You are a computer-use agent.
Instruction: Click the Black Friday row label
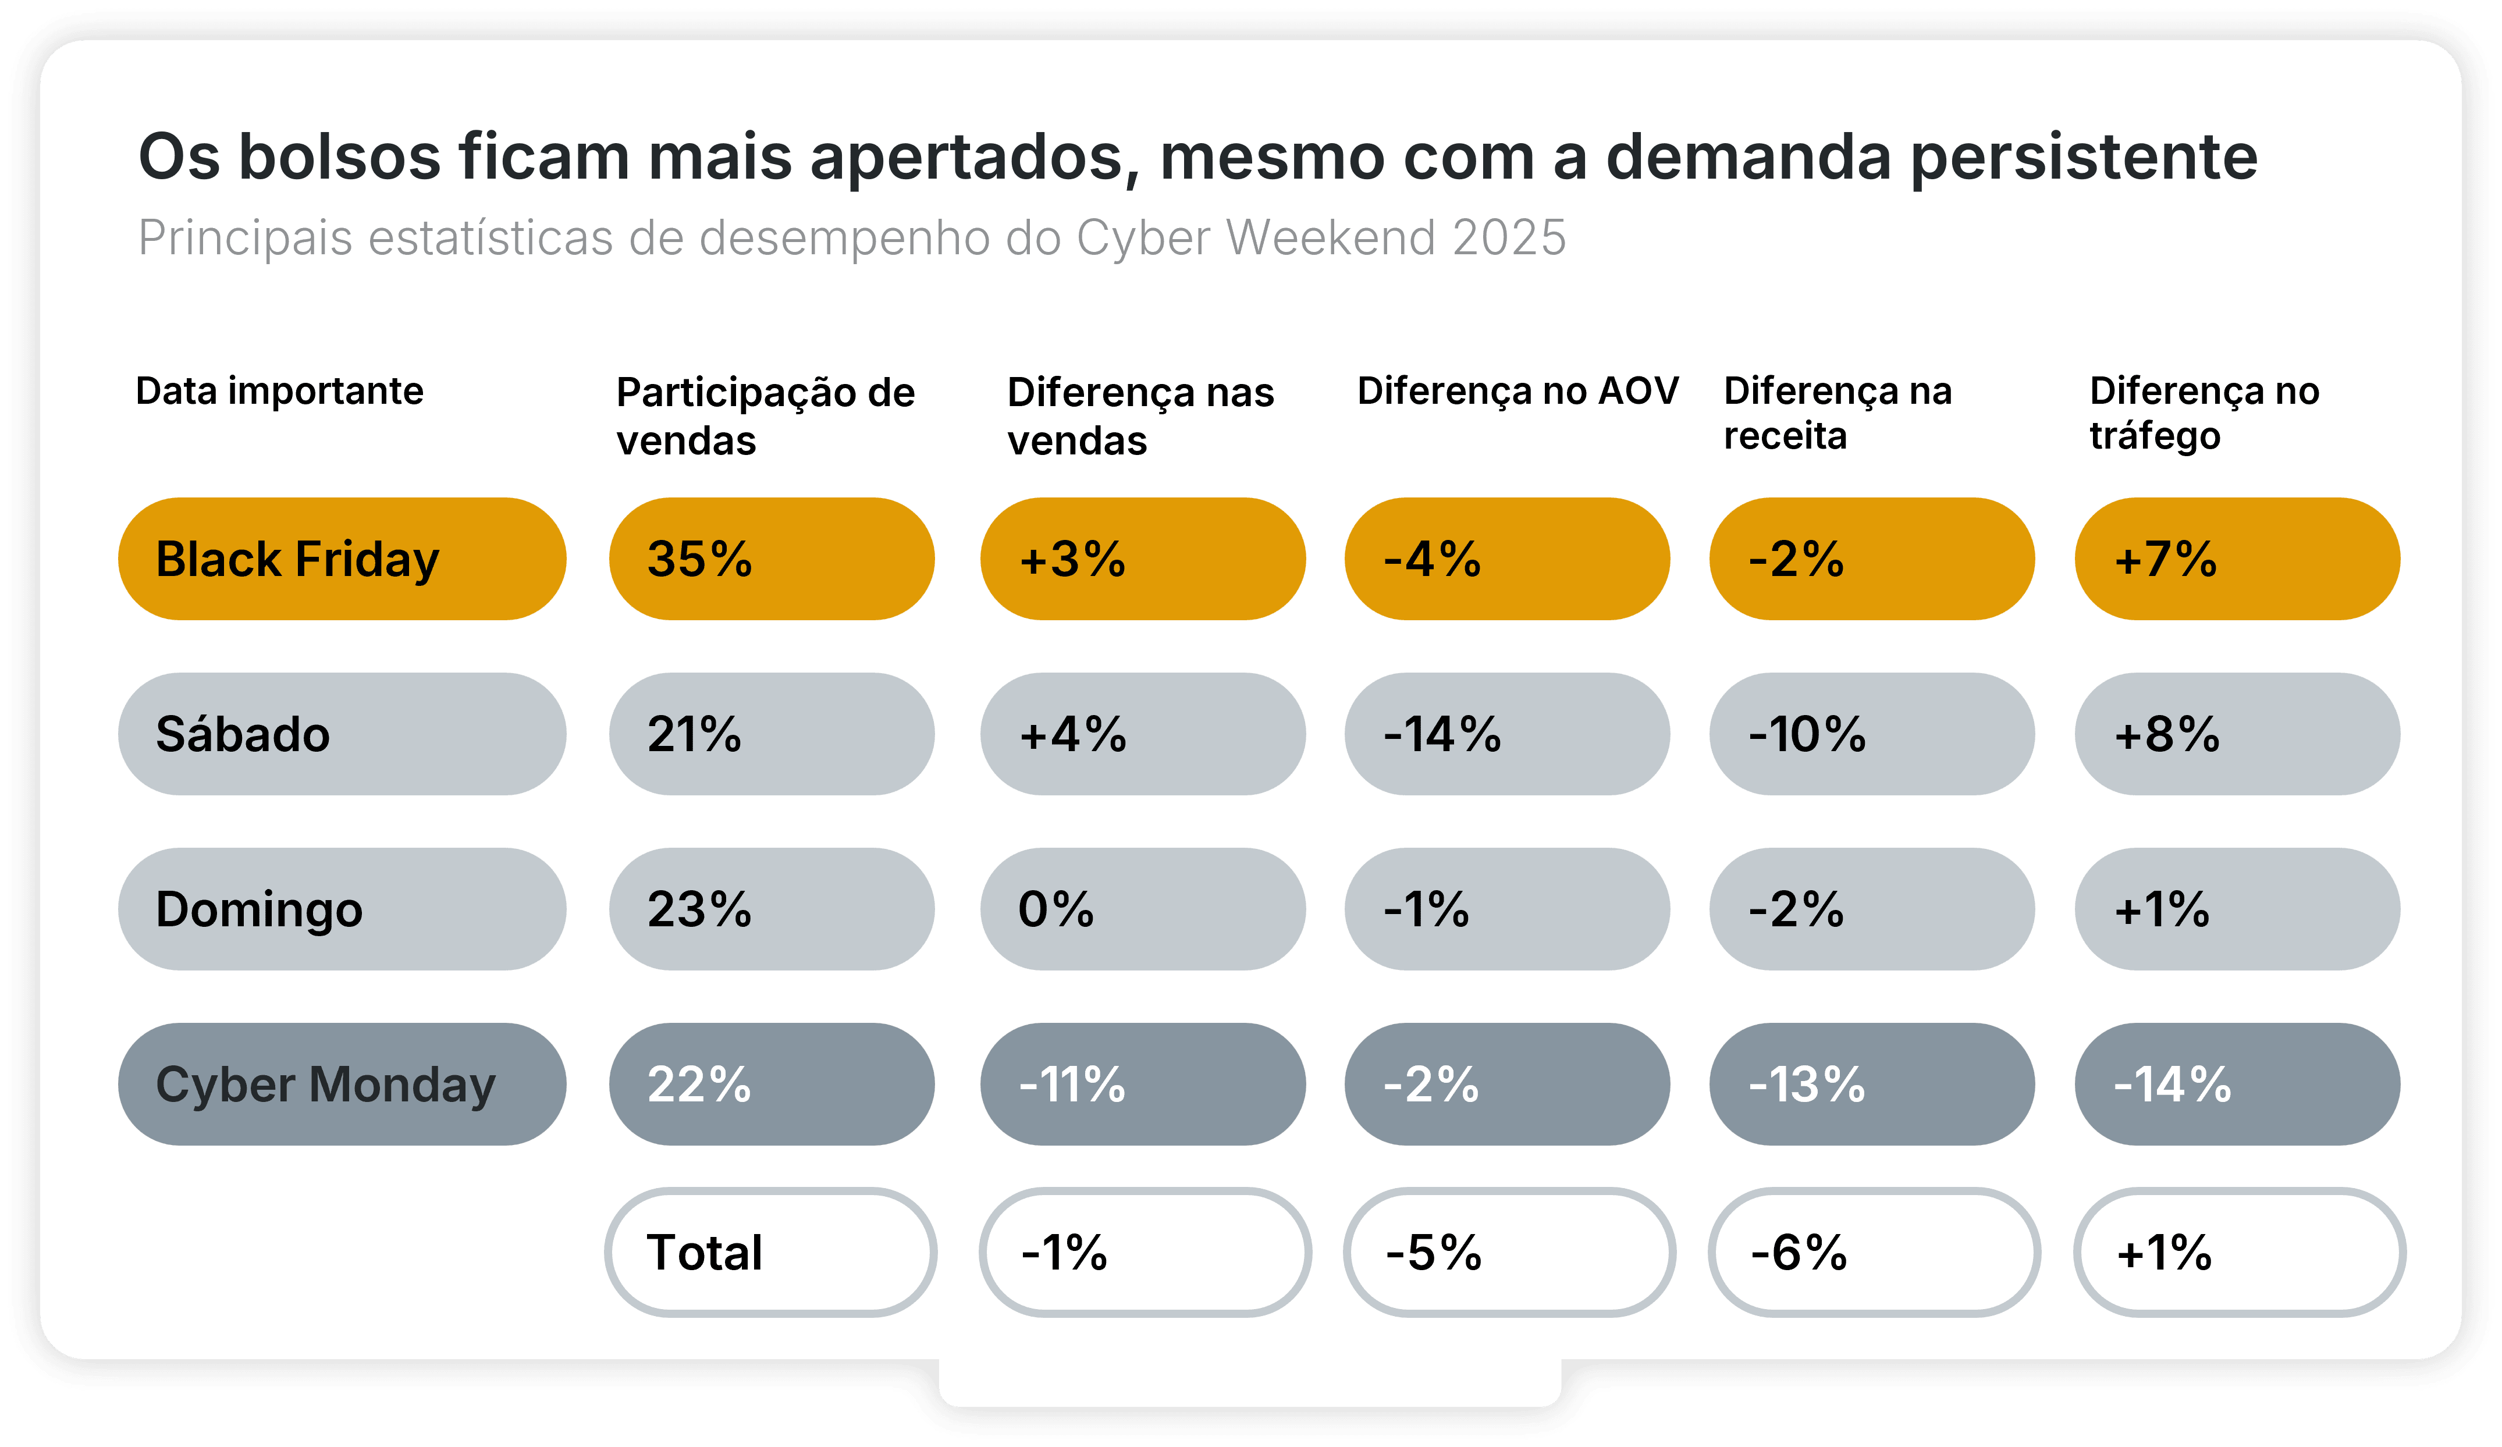click(x=342, y=559)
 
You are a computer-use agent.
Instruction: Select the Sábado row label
click(x=342, y=734)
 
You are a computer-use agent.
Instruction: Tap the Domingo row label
click(x=342, y=909)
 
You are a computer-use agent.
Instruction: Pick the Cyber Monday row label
click(x=342, y=1083)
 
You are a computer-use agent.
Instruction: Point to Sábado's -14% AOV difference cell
click(x=1506, y=734)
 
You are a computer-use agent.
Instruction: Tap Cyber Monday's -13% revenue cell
click(x=1871, y=1083)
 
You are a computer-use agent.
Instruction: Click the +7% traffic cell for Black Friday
click(x=2236, y=559)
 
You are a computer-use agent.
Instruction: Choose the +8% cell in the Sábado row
click(x=2236, y=734)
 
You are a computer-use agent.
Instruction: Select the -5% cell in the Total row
click(x=1508, y=1252)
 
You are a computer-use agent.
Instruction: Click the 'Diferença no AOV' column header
click(x=1517, y=392)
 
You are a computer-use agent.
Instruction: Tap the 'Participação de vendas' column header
click(x=765, y=415)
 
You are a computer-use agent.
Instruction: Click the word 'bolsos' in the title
click(x=340, y=157)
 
